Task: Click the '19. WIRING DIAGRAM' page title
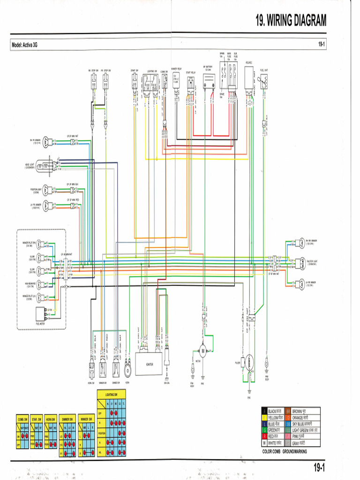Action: tap(291, 20)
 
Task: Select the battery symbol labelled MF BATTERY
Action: tap(208, 82)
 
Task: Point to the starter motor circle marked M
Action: tap(203, 350)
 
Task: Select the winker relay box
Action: tap(176, 80)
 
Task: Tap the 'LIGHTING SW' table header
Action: tap(111, 394)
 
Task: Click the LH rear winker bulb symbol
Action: tap(302, 284)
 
